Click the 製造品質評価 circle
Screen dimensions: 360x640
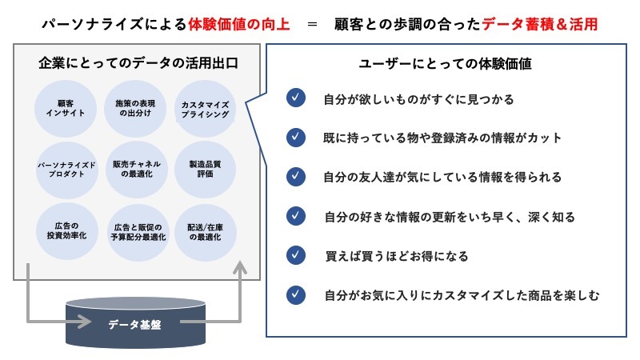(x=206, y=169)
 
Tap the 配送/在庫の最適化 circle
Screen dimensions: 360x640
(x=206, y=231)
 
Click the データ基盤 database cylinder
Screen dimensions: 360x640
(x=133, y=324)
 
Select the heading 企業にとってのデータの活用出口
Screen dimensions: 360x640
(x=138, y=62)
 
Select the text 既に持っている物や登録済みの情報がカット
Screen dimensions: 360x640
(x=442, y=138)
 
